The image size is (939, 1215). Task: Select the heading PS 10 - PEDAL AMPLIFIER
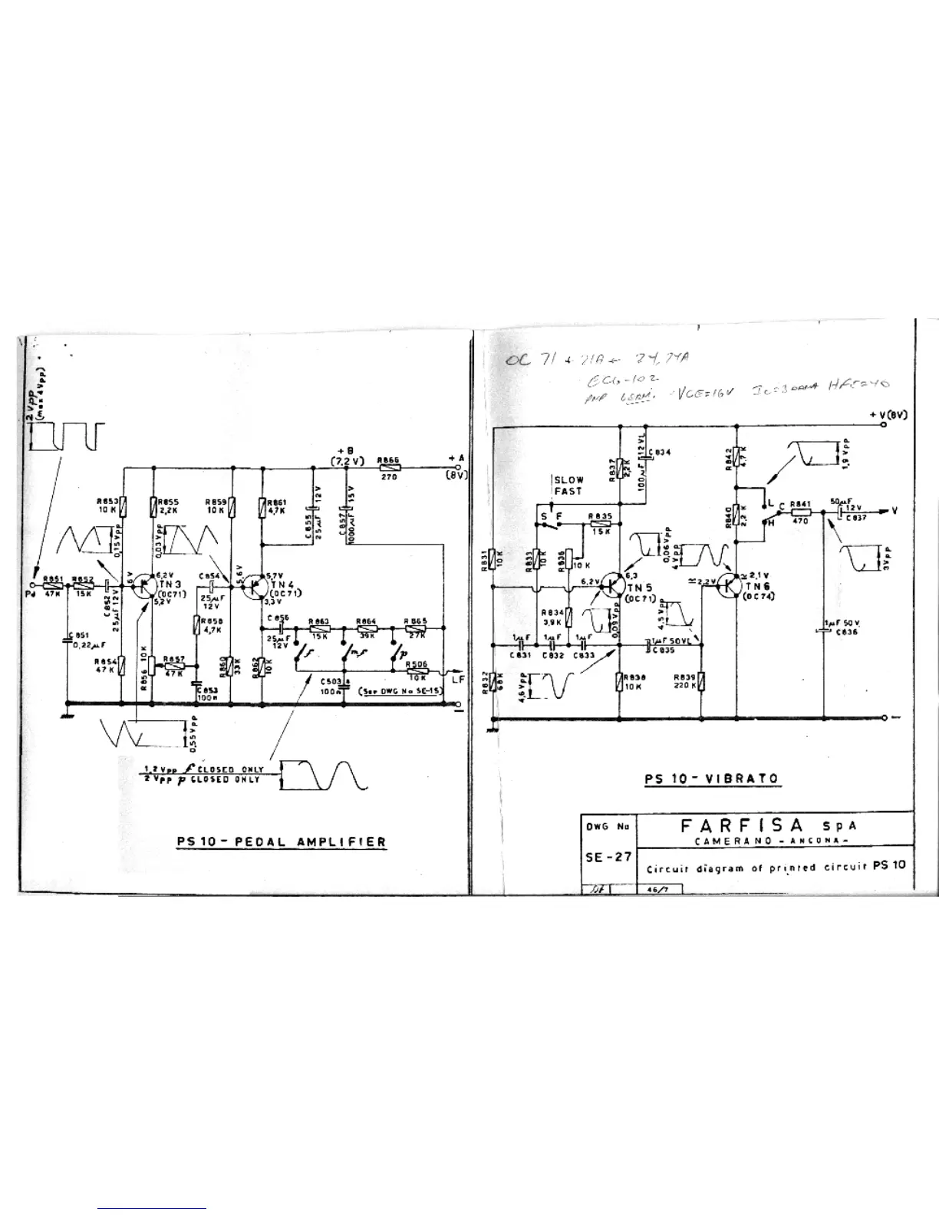coord(281,841)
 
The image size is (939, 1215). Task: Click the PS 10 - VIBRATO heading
coord(710,779)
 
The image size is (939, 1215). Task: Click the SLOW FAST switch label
coord(568,486)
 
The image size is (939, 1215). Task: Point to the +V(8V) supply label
coord(888,415)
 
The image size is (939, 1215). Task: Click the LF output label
coord(458,679)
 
